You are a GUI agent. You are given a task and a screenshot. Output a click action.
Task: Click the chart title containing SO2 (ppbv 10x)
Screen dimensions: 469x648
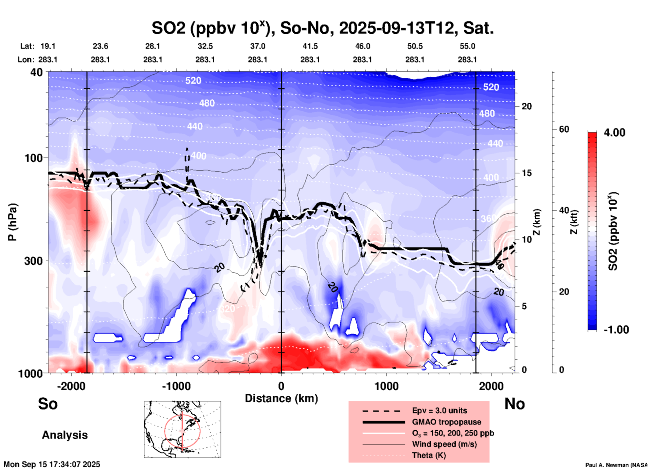click(x=322, y=28)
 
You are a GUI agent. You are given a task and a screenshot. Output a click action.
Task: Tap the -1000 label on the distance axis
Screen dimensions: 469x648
click(x=176, y=386)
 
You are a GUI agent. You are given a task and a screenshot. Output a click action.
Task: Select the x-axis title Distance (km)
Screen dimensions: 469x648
click(x=281, y=398)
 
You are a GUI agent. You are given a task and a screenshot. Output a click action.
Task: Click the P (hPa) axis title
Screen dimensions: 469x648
click(x=12, y=222)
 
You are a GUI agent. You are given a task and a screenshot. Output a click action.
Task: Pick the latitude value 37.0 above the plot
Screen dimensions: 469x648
click(x=257, y=46)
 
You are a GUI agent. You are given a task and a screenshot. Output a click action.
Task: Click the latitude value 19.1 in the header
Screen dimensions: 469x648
click(x=48, y=46)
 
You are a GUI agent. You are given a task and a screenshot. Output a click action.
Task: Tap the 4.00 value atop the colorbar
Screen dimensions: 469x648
click(x=614, y=133)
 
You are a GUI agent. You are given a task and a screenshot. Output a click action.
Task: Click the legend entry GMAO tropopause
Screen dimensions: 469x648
click(x=446, y=422)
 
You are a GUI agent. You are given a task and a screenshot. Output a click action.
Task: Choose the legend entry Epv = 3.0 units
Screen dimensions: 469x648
click(x=439, y=410)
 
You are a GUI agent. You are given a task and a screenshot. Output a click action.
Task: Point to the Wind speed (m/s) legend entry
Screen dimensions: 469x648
click(x=444, y=444)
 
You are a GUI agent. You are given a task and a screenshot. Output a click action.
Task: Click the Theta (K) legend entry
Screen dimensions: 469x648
click(x=429, y=455)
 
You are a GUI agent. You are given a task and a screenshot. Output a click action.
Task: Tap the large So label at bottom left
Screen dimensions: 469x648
click(x=48, y=404)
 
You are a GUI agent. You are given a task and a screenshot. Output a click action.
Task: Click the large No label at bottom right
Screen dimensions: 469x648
click(x=514, y=404)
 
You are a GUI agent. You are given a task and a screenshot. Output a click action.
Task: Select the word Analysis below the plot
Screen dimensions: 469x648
click(x=65, y=435)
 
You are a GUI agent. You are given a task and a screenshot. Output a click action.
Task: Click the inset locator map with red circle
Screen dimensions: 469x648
click(x=182, y=429)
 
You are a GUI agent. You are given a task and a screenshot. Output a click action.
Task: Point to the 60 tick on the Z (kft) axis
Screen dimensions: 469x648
click(x=564, y=129)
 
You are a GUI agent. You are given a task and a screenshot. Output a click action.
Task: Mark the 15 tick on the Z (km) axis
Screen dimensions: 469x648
click(x=527, y=173)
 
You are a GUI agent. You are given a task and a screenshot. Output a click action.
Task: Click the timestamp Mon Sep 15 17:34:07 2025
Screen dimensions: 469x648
click(x=52, y=464)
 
